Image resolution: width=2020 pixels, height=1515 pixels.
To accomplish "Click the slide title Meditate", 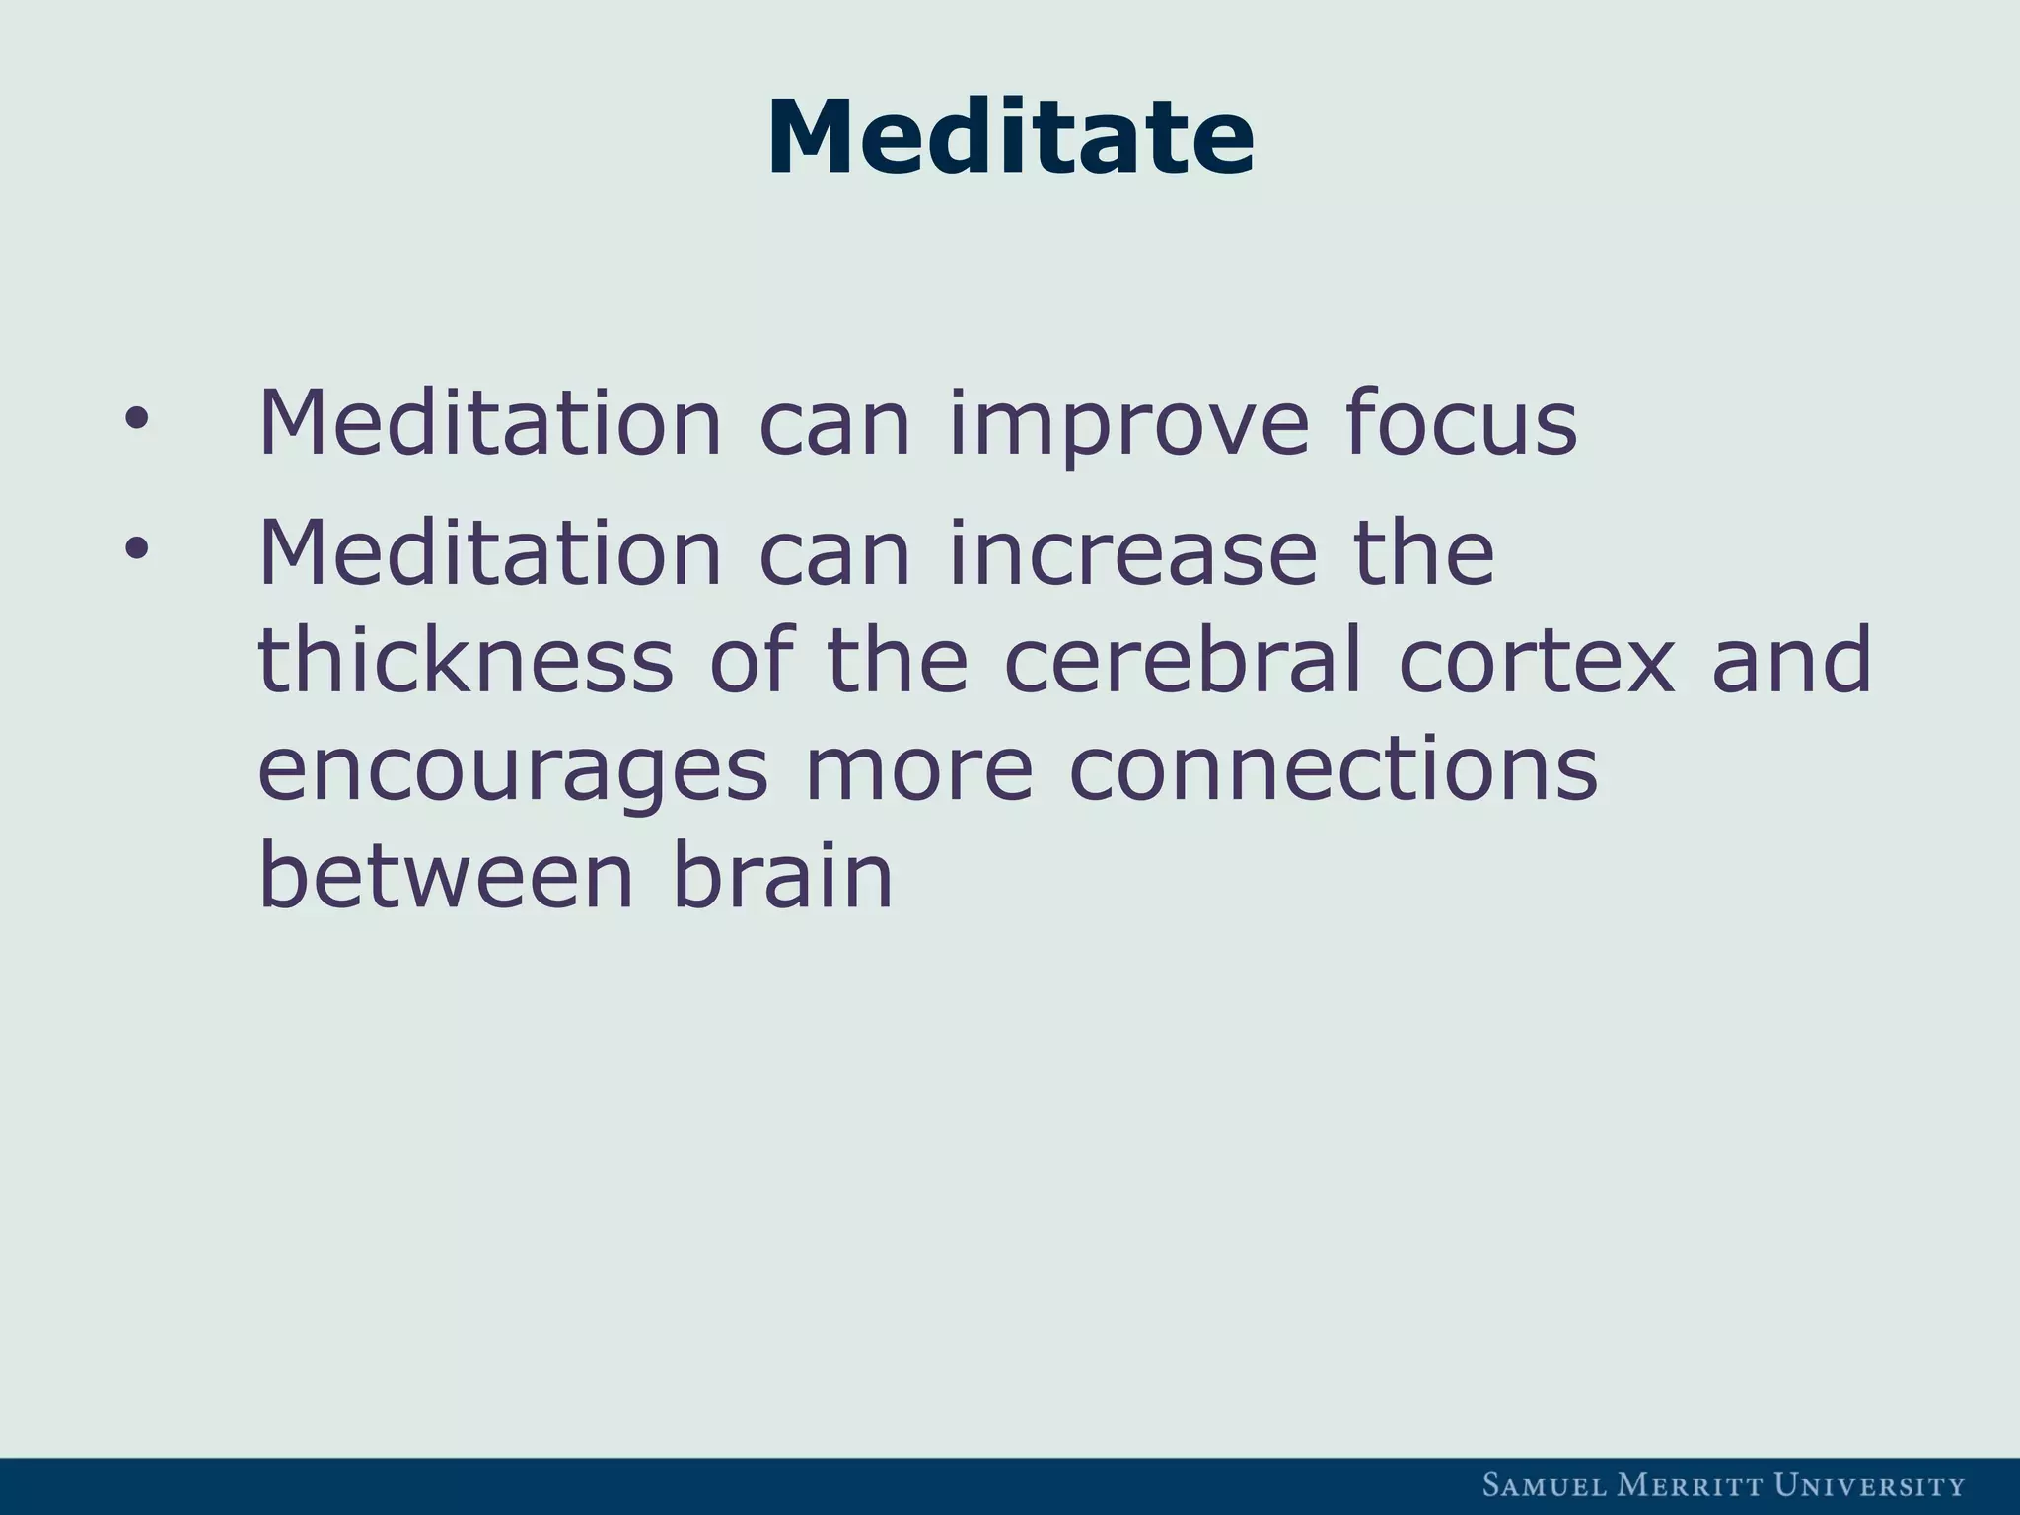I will pyautogui.click(x=1010, y=138).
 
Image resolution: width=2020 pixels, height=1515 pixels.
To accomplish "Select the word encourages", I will pyautogui.click(x=512, y=772).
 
